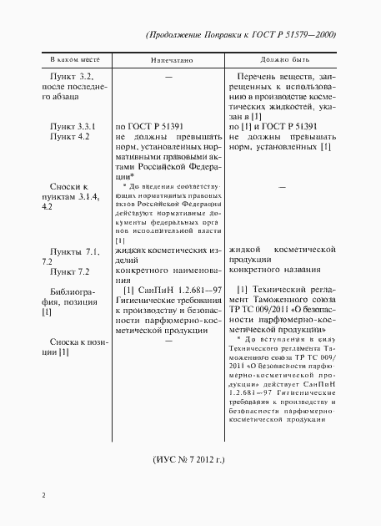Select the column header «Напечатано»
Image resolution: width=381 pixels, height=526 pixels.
pyautogui.click(x=173, y=61)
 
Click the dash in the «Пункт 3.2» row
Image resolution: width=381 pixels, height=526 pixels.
pyautogui.click(x=169, y=78)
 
